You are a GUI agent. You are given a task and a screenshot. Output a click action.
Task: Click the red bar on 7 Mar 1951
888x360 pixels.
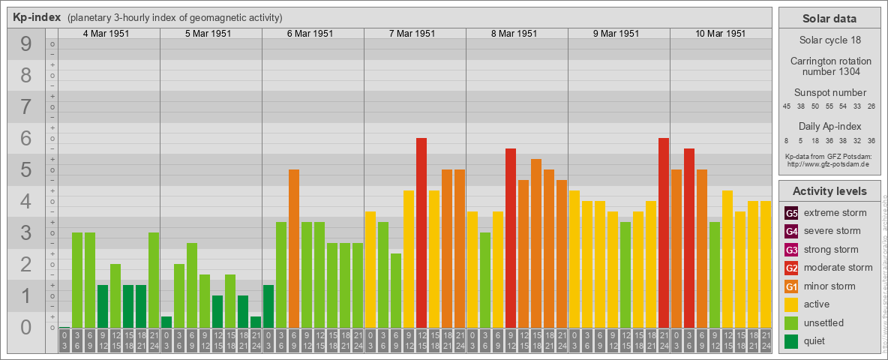421,232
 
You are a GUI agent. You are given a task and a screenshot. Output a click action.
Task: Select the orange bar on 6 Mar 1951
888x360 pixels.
294,248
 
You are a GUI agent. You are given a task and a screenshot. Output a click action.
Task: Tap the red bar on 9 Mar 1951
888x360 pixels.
664,232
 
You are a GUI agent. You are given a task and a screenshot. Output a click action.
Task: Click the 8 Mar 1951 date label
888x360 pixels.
516,34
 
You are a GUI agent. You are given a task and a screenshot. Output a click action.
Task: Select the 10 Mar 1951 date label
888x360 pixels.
720,34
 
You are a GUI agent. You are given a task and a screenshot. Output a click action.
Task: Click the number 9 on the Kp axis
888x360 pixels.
26,45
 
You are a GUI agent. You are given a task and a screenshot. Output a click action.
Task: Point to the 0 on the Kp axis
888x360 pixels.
26,327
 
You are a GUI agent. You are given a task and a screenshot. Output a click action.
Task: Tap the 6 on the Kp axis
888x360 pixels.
26,139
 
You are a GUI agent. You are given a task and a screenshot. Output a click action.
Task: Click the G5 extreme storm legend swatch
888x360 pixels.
792,213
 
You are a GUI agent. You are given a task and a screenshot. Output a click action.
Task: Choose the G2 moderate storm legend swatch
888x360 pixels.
792,268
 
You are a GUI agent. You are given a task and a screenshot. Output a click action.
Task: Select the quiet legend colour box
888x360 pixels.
792,341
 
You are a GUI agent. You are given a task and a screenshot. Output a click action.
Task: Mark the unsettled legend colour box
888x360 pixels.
792,322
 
